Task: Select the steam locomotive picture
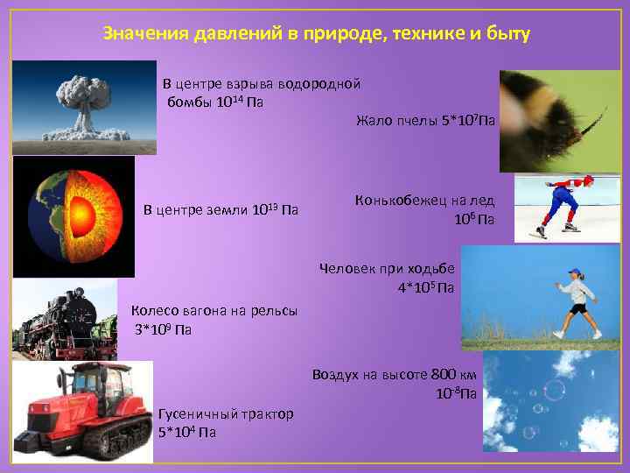point(66,319)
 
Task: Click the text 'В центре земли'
point(195,210)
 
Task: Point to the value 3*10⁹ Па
point(162,329)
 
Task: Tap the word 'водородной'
point(318,85)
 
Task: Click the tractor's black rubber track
point(92,439)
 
